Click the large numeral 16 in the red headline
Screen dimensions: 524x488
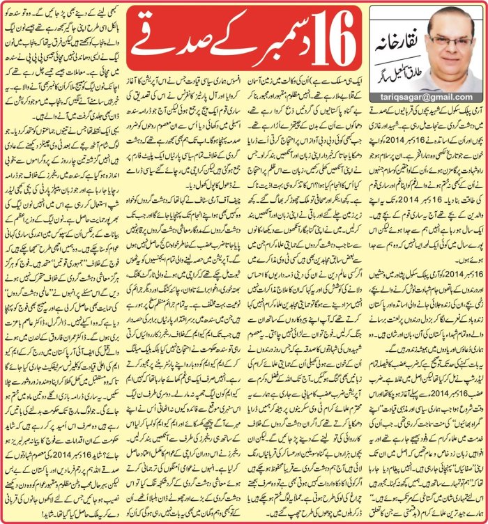321,32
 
